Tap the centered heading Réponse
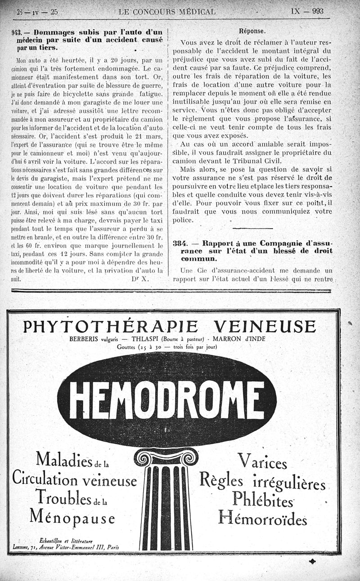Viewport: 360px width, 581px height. click(252, 31)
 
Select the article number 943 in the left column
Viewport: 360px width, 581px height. click(17, 32)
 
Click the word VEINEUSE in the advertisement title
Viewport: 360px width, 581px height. click(265, 326)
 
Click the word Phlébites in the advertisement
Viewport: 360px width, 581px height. click(263, 499)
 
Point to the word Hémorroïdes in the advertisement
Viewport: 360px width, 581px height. click(263, 518)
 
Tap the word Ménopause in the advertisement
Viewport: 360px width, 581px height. click(72, 517)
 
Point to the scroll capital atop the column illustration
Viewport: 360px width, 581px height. click(167, 457)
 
